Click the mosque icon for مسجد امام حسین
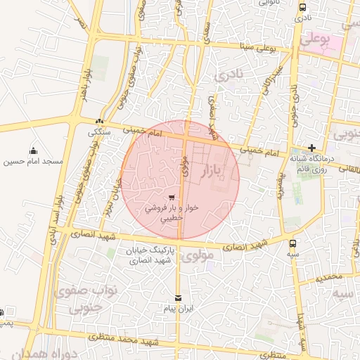point(33,150)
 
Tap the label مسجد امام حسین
point(33,162)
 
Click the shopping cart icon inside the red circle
point(172,198)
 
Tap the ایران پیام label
point(177,309)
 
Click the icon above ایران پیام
point(177,298)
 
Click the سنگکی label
point(98,132)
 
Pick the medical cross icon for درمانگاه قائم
point(311,148)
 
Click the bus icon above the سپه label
point(292,243)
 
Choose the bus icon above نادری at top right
point(302,8)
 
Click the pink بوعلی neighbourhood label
point(314,41)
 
